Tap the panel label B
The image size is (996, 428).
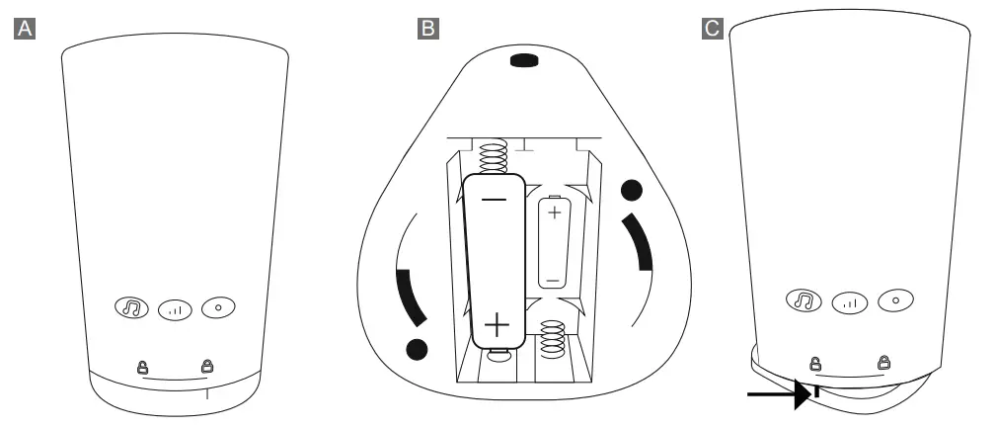tap(428, 29)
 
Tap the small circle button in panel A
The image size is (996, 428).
tap(217, 307)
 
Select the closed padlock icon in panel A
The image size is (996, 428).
tap(207, 366)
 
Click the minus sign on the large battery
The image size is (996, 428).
tap(495, 200)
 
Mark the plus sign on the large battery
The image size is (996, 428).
tap(497, 323)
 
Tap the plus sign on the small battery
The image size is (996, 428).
tap(554, 212)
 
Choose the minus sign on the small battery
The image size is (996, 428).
tap(553, 280)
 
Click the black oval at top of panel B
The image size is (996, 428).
tap(523, 61)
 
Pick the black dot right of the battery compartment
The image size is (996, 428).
tap(632, 188)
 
